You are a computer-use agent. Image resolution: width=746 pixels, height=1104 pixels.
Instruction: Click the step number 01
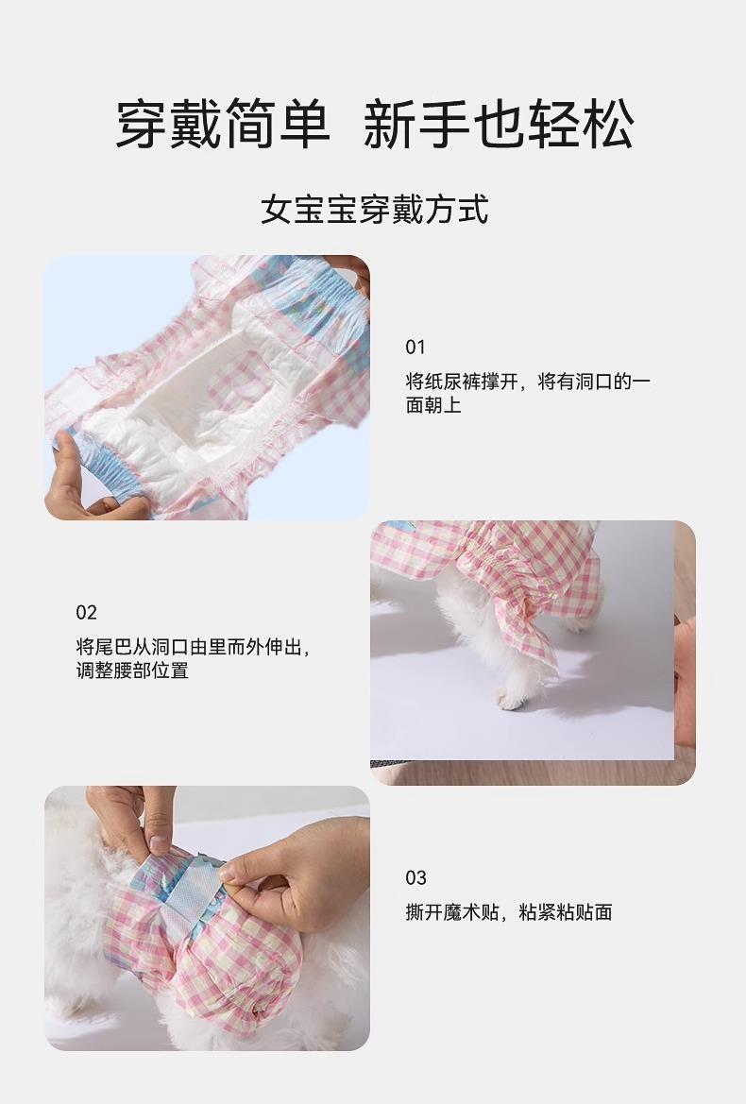point(415,347)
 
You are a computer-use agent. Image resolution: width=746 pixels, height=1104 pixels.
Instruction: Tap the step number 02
point(86,612)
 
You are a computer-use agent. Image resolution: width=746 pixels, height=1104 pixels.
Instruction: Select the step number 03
point(415,878)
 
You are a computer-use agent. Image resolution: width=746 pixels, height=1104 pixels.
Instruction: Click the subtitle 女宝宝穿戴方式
point(374,209)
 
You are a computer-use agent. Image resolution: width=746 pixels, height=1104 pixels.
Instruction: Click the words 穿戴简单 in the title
point(223,124)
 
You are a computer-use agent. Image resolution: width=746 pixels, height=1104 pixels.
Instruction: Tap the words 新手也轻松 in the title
point(499,124)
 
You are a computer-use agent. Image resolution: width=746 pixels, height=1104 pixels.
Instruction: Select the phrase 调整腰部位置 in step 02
point(132,671)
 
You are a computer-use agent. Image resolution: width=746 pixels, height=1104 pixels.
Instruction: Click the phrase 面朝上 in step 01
point(433,405)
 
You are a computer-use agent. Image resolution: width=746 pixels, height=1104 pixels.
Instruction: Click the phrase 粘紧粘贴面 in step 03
point(565,912)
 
